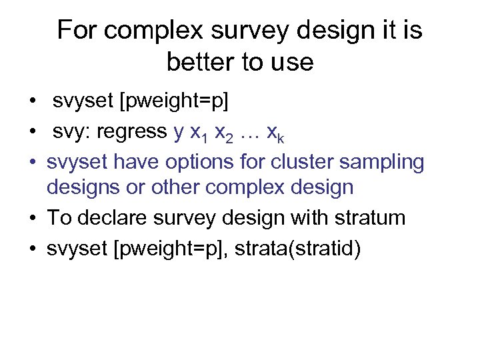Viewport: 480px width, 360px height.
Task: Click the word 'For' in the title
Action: coord(78,31)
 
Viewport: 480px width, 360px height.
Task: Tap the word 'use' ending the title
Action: coord(291,62)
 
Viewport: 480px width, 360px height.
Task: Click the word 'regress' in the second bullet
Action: coord(132,133)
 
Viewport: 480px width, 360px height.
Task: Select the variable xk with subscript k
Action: coord(277,134)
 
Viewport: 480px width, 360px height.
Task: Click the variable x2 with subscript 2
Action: coord(227,134)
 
